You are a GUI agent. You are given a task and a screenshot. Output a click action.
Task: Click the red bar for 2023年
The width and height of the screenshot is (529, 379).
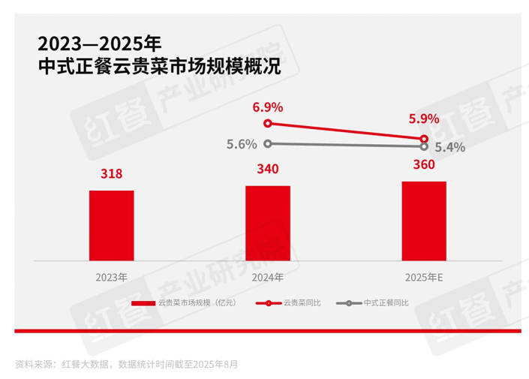[x=111, y=225]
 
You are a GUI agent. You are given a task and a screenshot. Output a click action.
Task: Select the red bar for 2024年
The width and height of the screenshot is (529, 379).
[x=268, y=223]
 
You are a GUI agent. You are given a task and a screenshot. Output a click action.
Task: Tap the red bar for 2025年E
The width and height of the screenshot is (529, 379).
[x=424, y=221]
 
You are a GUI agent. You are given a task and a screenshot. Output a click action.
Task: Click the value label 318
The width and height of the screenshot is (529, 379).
[x=111, y=174]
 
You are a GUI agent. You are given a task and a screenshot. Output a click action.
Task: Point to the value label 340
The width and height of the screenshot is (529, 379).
[x=268, y=169]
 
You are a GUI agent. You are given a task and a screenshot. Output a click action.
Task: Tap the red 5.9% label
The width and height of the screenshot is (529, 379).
[x=424, y=118]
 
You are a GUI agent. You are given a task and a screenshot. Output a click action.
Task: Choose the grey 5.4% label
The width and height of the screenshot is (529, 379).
[x=449, y=147]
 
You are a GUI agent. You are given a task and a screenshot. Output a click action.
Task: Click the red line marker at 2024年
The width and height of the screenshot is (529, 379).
[x=268, y=124]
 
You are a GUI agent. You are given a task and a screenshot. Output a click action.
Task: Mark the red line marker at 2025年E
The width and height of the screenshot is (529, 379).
[x=425, y=139]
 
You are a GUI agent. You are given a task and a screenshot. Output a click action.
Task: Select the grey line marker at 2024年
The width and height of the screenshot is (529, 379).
[x=268, y=143]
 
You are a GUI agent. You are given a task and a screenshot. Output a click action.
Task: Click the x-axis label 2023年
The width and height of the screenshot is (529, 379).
[x=111, y=277]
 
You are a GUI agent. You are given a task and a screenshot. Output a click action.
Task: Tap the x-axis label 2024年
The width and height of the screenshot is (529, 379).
[x=268, y=277]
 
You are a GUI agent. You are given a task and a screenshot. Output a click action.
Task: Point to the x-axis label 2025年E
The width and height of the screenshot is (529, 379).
[x=424, y=277]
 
